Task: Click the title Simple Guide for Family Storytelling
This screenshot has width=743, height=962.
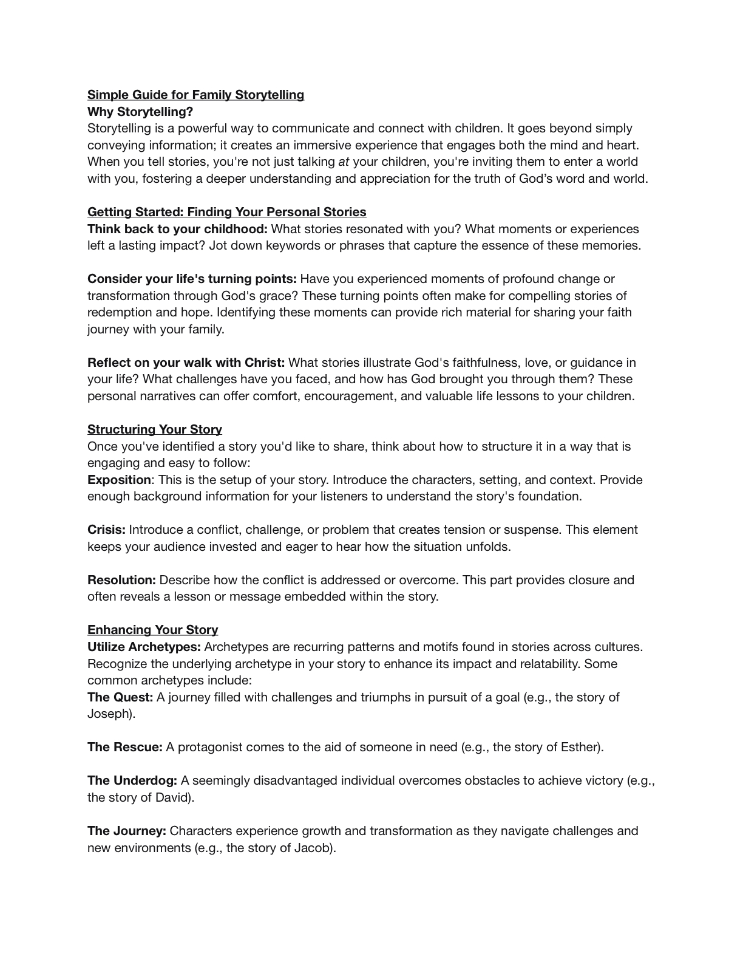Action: (195, 95)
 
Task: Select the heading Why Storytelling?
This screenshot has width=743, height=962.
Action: (140, 112)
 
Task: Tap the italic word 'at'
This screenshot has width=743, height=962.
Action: (344, 162)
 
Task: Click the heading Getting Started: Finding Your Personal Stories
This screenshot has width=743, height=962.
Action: (226, 212)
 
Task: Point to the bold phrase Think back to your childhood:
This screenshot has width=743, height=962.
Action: (177, 229)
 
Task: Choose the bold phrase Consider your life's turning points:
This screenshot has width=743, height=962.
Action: (192, 279)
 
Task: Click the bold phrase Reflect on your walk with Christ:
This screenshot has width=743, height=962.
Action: (186, 363)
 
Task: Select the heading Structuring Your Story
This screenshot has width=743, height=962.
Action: (155, 429)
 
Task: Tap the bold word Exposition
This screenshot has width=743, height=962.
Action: (119, 480)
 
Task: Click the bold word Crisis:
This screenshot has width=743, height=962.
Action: (106, 530)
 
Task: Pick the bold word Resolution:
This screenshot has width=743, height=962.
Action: (121, 580)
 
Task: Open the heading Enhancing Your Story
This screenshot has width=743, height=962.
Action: (152, 630)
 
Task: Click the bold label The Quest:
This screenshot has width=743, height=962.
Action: (120, 697)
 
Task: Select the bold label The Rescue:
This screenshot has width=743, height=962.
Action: (125, 747)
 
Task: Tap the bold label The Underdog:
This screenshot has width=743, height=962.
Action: (132, 780)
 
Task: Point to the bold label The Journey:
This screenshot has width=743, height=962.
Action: (127, 831)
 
